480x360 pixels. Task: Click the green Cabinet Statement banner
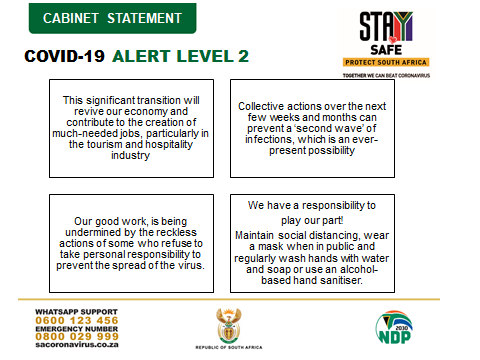click(112, 18)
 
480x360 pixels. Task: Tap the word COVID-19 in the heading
click(64, 56)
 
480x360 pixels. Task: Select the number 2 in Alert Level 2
click(243, 56)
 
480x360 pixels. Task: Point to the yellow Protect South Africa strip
click(386, 62)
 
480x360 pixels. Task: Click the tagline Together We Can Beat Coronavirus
click(386, 76)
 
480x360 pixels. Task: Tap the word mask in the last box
click(270, 247)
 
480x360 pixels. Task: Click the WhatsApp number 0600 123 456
click(77, 320)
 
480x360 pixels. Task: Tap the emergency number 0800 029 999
click(77, 336)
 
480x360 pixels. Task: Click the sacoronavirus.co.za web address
click(77, 344)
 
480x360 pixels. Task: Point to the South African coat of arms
click(229, 326)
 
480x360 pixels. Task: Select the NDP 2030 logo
click(394, 327)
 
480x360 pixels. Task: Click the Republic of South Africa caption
click(229, 347)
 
